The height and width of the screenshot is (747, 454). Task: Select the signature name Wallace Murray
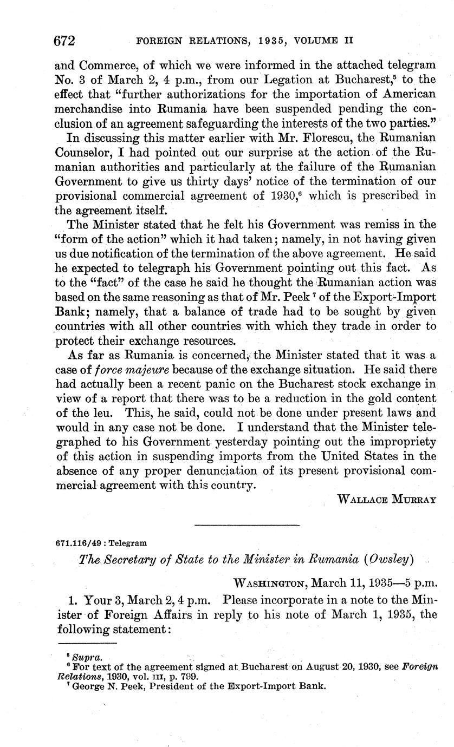click(x=386, y=499)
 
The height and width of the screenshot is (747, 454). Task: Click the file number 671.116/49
click(x=75, y=542)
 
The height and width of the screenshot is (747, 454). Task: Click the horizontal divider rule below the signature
click(x=246, y=524)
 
